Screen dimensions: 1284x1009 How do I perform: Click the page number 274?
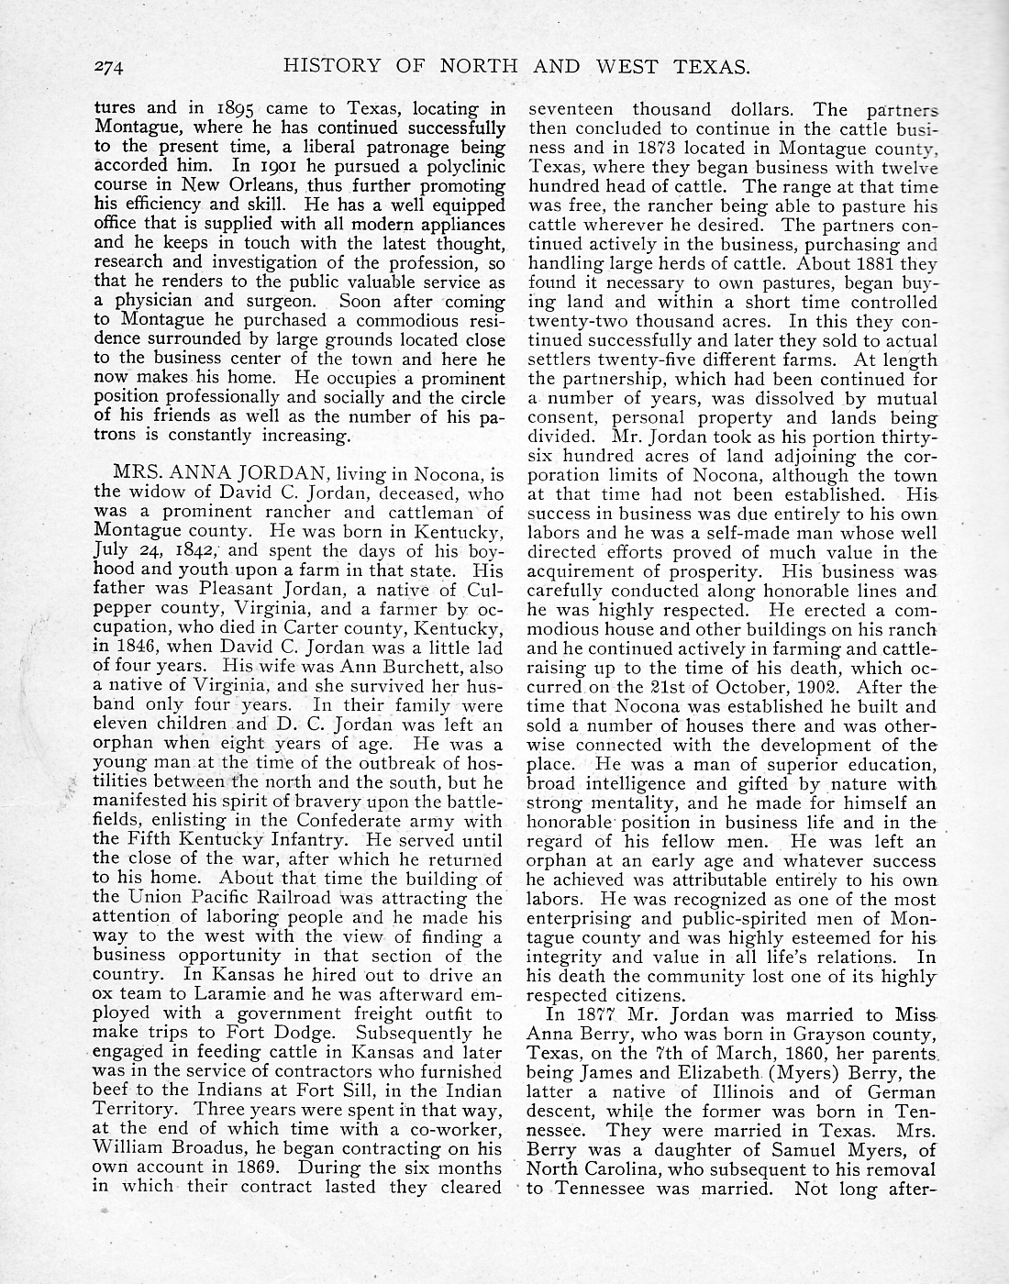click(115, 67)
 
